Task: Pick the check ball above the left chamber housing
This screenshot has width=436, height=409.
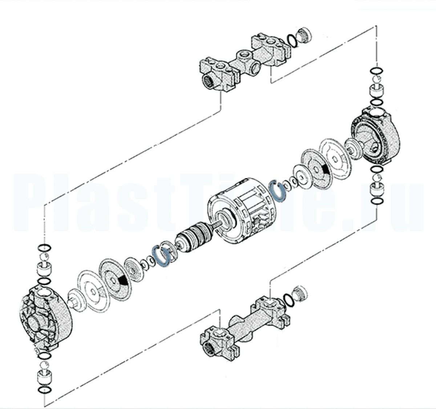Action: [x=45, y=258]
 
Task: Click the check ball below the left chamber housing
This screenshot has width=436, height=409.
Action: [x=45, y=365]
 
